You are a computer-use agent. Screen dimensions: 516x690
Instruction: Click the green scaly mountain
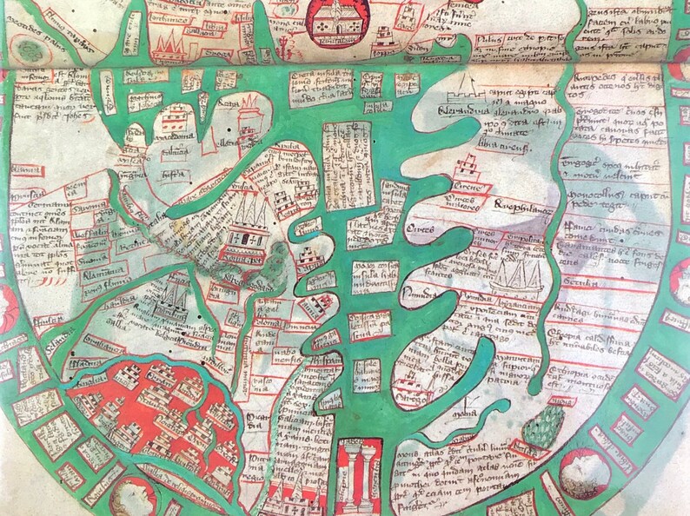545,425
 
